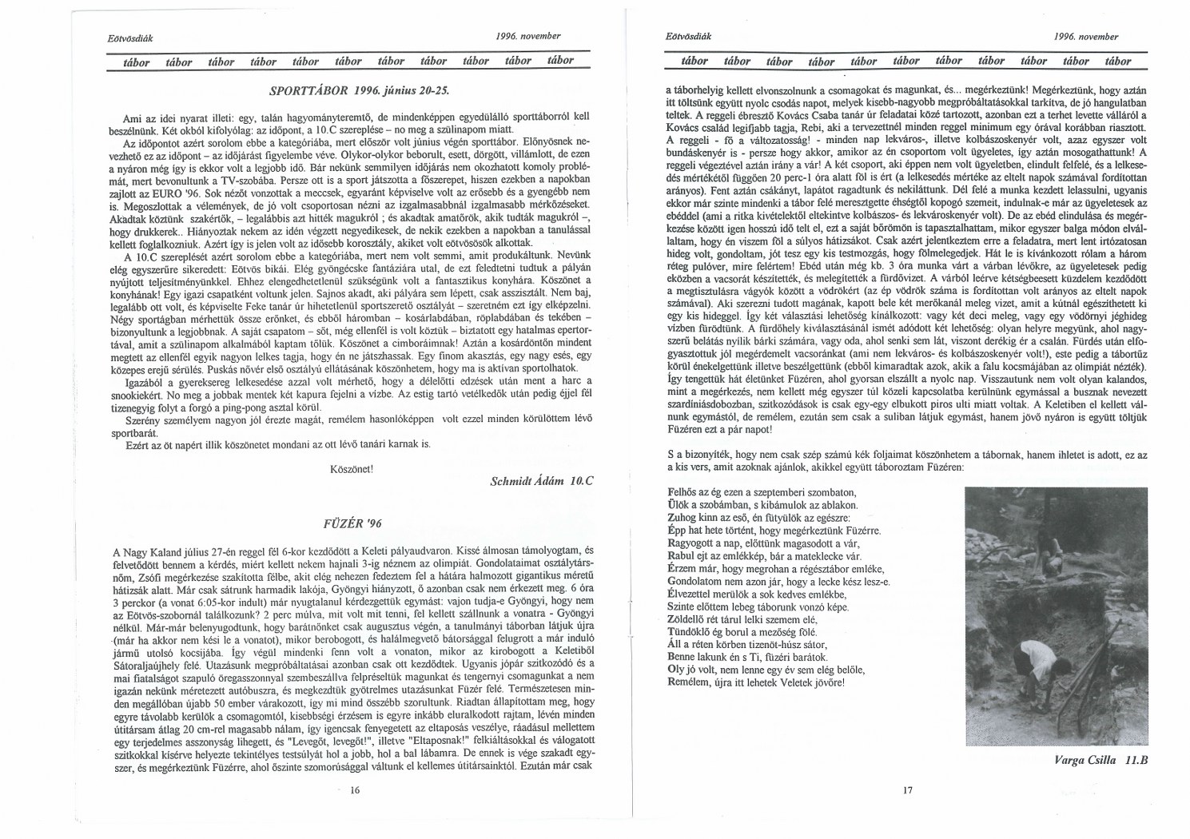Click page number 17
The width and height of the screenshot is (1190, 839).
point(906,791)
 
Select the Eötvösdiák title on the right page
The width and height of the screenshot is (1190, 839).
point(687,37)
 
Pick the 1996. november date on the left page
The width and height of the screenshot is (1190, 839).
point(528,36)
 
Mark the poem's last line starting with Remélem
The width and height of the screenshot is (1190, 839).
point(755,682)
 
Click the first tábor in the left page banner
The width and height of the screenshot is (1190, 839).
point(137,62)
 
